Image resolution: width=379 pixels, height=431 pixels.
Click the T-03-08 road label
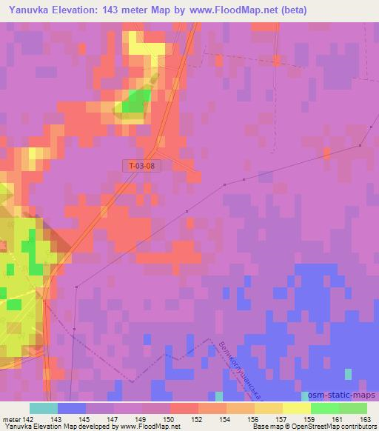click(139, 167)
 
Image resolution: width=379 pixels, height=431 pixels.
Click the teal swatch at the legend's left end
click(44, 408)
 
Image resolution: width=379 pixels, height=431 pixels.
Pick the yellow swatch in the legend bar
click(297, 408)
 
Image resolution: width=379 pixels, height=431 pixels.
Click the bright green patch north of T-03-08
click(133, 103)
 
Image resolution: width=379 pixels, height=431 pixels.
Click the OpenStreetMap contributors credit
click(335, 427)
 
